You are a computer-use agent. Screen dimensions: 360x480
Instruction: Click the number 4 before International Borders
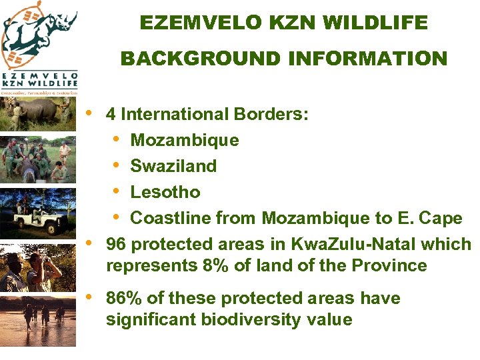tap(111, 114)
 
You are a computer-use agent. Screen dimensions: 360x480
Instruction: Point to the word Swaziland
tap(173, 166)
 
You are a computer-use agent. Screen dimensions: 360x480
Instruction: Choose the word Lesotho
tap(165, 192)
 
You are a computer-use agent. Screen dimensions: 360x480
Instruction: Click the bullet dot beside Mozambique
tap(117, 140)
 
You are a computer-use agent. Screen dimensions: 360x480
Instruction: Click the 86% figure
tap(121, 298)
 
